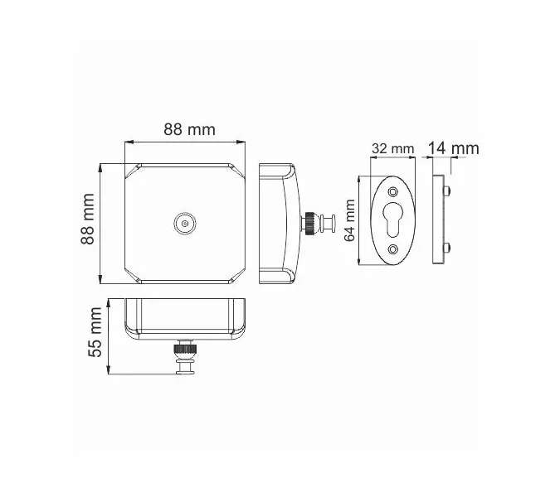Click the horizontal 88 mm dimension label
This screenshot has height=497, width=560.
click(188, 129)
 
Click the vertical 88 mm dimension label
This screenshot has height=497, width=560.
click(87, 219)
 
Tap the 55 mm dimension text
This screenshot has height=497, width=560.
click(96, 331)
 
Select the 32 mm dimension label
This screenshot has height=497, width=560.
click(392, 148)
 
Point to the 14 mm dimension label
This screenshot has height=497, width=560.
click(453, 148)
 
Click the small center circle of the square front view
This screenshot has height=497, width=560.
click(184, 223)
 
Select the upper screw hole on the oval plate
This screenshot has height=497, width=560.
click(392, 191)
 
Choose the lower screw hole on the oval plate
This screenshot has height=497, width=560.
click(392, 248)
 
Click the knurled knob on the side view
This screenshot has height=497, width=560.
click(309, 223)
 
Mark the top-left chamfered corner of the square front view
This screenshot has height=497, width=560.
click(132, 171)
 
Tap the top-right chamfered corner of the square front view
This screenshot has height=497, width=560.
click(238, 171)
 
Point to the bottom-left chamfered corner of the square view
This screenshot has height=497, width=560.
click(132, 274)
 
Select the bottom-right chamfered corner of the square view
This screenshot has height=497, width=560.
click(238, 274)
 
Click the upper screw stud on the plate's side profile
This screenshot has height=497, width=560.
click(449, 192)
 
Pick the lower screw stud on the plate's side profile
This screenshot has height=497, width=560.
click(449, 247)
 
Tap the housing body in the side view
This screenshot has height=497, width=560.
click(276, 222)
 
